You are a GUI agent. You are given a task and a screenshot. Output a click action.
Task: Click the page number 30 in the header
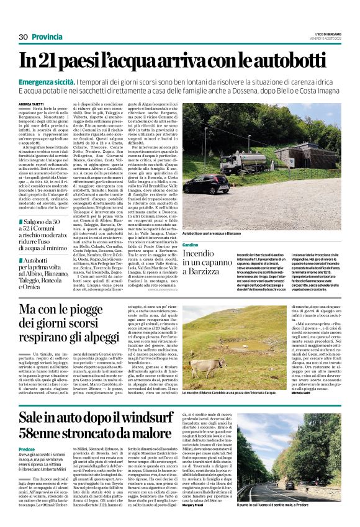coord(24,37)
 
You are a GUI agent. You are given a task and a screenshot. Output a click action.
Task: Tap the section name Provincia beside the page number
coord(47,37)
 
